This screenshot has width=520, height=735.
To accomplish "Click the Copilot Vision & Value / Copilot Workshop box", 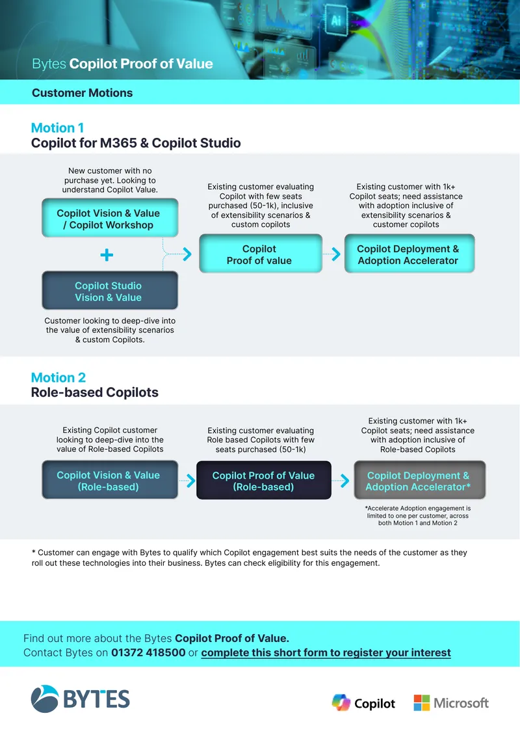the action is click(x=110, y=218).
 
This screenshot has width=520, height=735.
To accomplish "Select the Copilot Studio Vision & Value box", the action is click(x=110, y=291).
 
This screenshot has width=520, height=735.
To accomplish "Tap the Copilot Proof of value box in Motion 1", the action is click(x=261, y=254).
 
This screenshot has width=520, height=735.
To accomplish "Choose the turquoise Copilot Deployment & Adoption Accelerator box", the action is click(x=409, y=254).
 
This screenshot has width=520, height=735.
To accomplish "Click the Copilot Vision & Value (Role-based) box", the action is click(x=110, y=480).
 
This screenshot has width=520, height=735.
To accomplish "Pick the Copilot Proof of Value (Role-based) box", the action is click(x=264, y=480).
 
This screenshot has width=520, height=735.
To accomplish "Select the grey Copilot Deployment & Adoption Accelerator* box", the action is click(x=420, y=480).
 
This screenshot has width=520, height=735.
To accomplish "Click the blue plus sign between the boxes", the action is click(x=107, y=255).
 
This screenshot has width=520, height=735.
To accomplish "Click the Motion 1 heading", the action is click(x=58, y=128).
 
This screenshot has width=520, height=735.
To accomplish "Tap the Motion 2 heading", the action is click(x=58, y=377).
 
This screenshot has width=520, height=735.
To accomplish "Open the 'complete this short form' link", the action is click(x=326, y=652).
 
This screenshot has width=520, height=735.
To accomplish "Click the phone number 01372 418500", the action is click(x=148, y=652).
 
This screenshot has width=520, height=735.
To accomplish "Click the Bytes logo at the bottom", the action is click(x=80, y=699).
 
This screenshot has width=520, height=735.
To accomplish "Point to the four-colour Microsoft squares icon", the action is click(x=422, y=702).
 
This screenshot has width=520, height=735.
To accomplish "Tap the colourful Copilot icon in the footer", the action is click(x=341, y=702).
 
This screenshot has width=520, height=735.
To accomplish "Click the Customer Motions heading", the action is click(x=83, y=93).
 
